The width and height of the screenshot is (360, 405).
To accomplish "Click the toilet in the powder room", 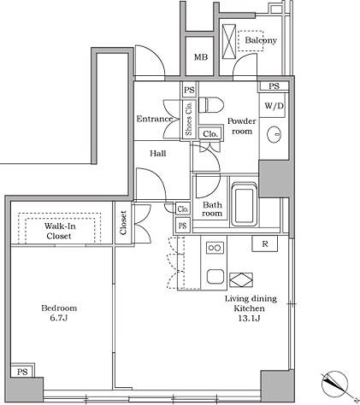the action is (211, 104).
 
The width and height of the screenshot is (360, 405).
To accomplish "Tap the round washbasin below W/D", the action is (274, 133).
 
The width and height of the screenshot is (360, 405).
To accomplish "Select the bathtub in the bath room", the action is (244, 204).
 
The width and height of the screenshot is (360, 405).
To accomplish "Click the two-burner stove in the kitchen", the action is (215, 248).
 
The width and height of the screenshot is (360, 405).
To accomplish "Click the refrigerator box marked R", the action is (265, 244).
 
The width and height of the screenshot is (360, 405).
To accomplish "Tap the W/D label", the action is (274, 106).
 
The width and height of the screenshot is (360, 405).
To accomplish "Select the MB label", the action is (201, 57).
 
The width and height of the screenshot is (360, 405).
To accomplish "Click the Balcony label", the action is (261, 40).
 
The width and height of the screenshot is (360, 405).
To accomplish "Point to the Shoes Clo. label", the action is (189, 119).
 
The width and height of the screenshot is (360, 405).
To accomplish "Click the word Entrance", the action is (154, 119).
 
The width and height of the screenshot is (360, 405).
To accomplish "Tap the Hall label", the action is (158, 154).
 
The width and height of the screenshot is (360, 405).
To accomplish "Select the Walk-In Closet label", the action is (59, 231).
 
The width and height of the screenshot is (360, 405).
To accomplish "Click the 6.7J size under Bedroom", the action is (59, 318).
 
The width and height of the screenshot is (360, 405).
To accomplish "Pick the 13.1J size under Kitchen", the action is (249, 318).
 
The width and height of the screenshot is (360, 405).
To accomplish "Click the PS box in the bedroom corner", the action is (22, 371).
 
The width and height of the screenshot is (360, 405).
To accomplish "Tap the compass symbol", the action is (335, 384).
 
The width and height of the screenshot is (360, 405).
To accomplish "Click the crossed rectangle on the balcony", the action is (229, 42).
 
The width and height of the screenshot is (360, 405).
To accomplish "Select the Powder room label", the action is (242, 126).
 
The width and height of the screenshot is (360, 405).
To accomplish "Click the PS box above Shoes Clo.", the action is (189, 90).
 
